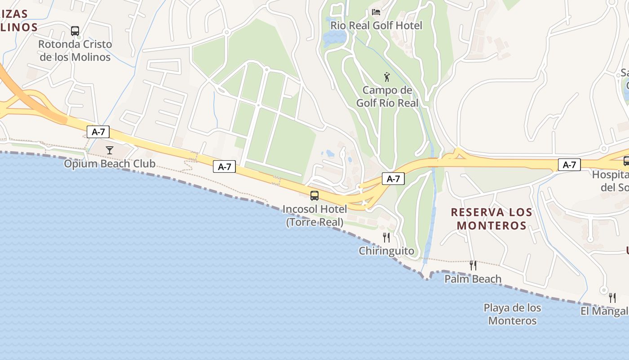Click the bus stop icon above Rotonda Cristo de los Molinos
click(75, 31)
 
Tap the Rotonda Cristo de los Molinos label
click(75, 51)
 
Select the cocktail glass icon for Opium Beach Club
click(109, 150)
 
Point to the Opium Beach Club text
click(110, 163)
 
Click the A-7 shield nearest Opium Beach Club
click(98, 132)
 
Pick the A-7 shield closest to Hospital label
click(569, 165)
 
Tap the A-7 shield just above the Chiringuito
click(393, 179)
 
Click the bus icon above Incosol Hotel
click(314, 196)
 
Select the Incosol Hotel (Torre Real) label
click(314, 216)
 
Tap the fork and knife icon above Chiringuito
click(386, 237)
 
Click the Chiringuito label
click(386, 251)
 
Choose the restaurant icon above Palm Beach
click(473, 265)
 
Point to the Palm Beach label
click(473, 279)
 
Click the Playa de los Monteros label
click(512, 314)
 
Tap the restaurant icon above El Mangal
click(612, 297)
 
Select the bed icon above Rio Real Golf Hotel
click(376, 12)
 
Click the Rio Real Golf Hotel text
click(376, 26)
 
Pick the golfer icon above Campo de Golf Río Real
click(387, 77)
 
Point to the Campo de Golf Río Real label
click(387, 97)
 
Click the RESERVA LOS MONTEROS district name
click(492, 219)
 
